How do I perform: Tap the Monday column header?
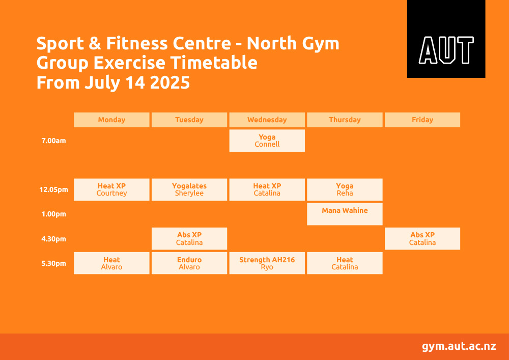coord(111,120)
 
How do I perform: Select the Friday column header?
coord(422,120)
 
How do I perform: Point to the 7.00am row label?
coord(53,141)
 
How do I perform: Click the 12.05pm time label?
coord(53,189)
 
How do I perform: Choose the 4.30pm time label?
coord(53,239)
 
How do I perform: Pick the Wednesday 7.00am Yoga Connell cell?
coord(267,141)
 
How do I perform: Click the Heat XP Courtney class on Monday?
coord(111,189)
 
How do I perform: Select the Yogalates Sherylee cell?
coord(189,189)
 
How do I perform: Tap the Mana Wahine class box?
coord(345,214)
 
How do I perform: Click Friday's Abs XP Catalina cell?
coord(422,239)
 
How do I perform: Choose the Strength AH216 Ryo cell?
coord(267,263)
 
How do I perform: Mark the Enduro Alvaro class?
coord(189,263)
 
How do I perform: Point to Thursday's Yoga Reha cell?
coord(345,189)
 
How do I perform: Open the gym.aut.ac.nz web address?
coord(459,346)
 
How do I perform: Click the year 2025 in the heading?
coord(170,82)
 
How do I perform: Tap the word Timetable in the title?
coord(214,63)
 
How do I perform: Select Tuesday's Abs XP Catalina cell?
coord(189,239)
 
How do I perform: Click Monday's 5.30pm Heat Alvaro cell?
coord(111,263)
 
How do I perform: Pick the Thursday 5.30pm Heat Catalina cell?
coord(345,263)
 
